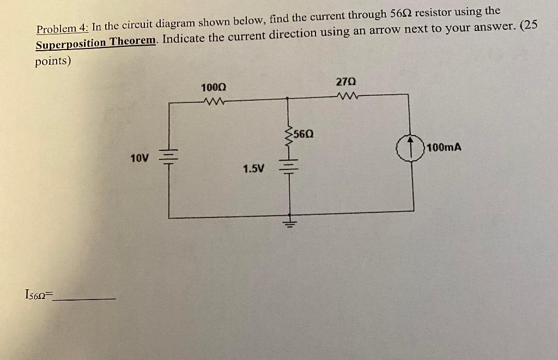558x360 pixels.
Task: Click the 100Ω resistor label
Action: click(214, 88)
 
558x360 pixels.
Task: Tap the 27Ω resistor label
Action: click(346, 82)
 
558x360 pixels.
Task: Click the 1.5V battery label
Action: click(253, 169)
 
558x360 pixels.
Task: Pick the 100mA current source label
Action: click(444, 147)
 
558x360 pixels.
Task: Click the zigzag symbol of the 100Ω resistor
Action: click(214, 100)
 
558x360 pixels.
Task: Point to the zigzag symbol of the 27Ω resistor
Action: click(346, 97)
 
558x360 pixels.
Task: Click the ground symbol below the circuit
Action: click(289, 223)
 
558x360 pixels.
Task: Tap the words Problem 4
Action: click(62, 29)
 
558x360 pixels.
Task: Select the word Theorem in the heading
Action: click(134, 42)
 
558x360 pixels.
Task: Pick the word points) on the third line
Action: click(53, 62)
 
